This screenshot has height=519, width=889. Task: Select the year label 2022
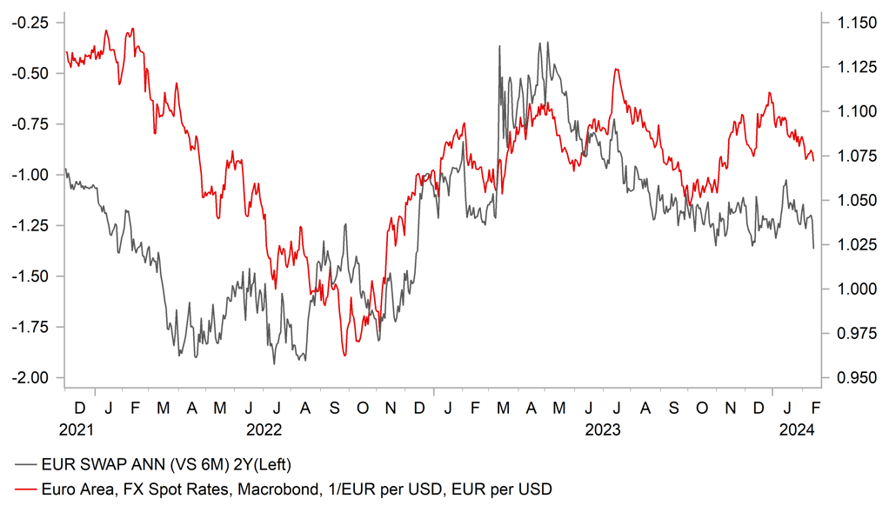[x=264, y=429]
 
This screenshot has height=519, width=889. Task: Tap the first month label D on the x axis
[x=80, y=408]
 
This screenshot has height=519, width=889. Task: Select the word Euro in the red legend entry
[x=57, y=489]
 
